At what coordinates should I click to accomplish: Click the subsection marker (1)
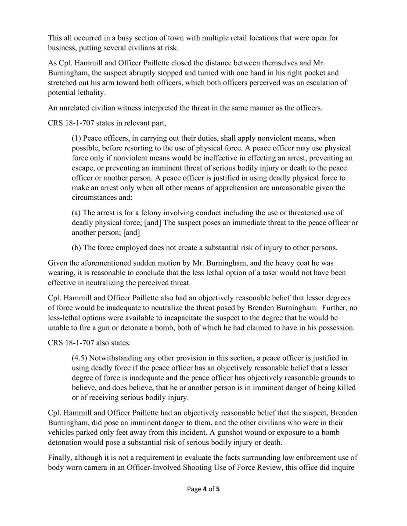tap(76, 138)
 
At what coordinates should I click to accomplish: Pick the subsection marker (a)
tap(77, 212)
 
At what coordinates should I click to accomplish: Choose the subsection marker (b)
tap(77, 247)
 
